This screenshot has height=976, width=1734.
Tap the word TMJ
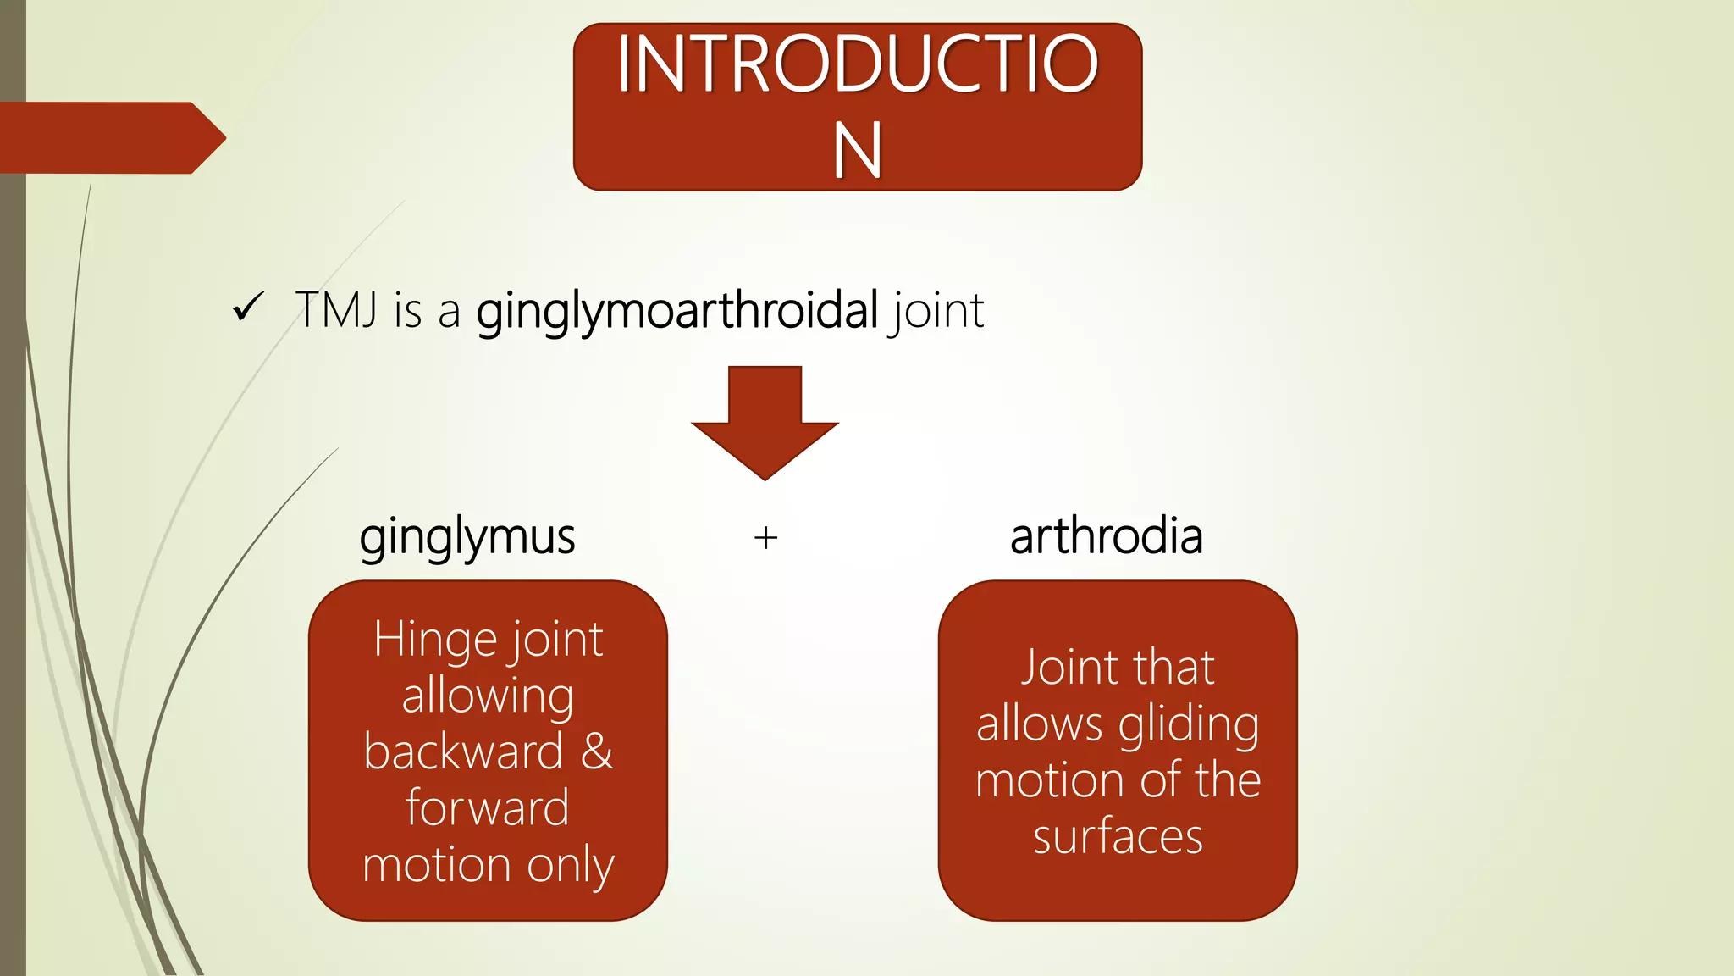(x=336, y=310)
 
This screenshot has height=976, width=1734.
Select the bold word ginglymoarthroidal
(x=676, y=312)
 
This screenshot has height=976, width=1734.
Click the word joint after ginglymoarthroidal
(x=936, y=311)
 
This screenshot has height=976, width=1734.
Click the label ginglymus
(x=467, y=537)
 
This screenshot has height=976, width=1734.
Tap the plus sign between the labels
(x=765, y=538)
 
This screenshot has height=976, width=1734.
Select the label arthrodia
(x=1106, y=536)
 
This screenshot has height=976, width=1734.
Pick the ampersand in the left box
(x=596, y=751)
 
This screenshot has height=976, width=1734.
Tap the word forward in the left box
(x=487, y=807)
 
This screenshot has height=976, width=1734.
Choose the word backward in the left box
(x=463, y=751)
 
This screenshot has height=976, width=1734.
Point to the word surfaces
(x=1118, y=837)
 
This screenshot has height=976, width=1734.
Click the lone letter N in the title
(x=858, y=150)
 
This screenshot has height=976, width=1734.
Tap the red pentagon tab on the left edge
(x=110, y=138)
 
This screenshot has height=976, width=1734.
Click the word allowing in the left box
(x=488, y=696)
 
